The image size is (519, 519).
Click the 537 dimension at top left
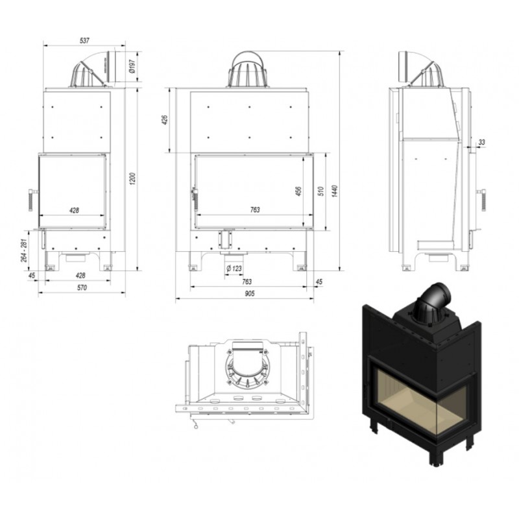84,40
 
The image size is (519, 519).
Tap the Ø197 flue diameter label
132,67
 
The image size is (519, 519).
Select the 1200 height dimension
132,178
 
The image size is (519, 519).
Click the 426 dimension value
165,120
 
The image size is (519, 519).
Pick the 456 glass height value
298,191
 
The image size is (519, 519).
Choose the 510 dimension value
320,191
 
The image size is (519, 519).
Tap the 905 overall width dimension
250,293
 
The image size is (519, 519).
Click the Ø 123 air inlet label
234,269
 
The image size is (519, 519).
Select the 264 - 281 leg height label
24,250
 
